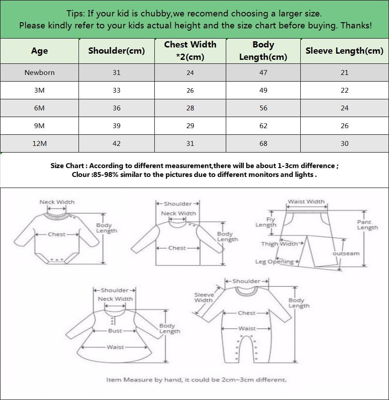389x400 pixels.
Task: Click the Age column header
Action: pos(39,51)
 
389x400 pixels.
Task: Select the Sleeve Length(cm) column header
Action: pos(344,51)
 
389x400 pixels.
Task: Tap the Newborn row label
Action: pos(39,72)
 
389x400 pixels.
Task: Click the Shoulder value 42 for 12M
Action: pos(116,143)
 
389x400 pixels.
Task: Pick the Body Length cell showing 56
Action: pos(263,108)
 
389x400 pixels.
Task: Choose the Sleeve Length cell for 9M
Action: pos(344,125)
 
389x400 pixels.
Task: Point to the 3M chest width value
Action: pos(190,90)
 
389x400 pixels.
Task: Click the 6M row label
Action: pos(39,108)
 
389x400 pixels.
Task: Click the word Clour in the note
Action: pos(81,174)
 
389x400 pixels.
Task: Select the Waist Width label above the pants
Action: pos(306,201)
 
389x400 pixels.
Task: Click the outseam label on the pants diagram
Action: pos(346,253)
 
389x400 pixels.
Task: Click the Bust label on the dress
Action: pos(115,331)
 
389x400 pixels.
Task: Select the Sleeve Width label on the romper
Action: pos(204,297)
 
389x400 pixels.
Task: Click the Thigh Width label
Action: pos(280,243)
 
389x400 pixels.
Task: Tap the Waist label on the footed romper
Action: pos(247,329)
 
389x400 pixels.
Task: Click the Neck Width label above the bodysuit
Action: pos(57,202)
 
